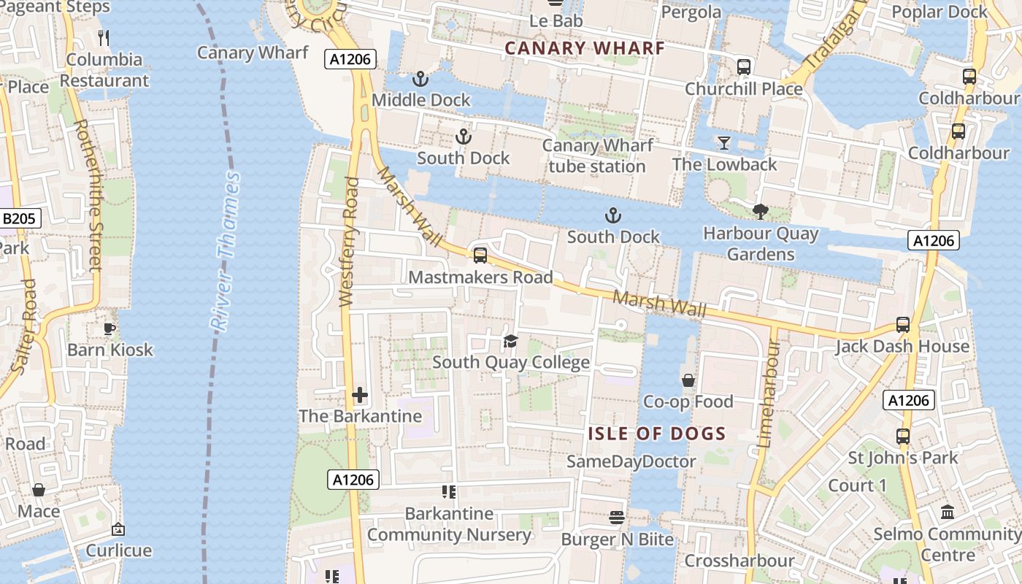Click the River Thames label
(225, 252)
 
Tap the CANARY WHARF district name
(585, 48)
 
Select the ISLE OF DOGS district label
(657, 434)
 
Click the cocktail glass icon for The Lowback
(723, 142)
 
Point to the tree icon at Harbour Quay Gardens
(760, 212)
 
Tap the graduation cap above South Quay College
(510, 341)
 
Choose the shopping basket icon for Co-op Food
(688, 380)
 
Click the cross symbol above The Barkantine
(359, 395)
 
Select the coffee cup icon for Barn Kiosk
(109, 328)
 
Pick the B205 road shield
(20, 218)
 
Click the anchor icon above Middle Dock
(420, 78)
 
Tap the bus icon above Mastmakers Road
(480, 255)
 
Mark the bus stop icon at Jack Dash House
(903, 325)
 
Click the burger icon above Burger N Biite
(617, 518)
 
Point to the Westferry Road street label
(349, 241)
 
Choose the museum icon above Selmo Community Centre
(948, 512)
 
